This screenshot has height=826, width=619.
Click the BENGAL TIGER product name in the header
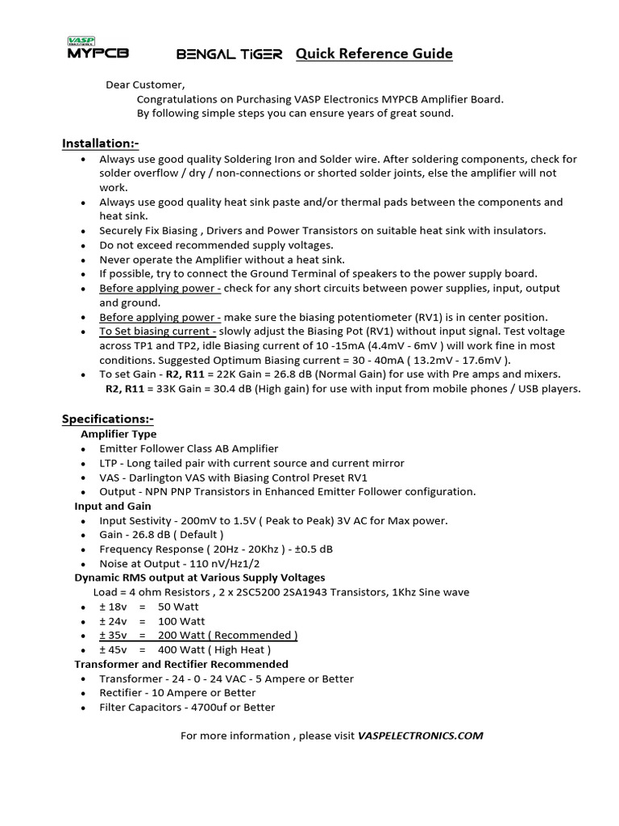point(229,55)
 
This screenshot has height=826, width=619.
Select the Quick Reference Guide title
point(374,54)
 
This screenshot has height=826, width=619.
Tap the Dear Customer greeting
point(145,85)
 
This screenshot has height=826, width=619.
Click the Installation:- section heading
point(101,144)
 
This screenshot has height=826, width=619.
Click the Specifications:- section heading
point(108,419)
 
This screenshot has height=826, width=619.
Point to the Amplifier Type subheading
point(118,434)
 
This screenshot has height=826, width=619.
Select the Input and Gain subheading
point(113,506)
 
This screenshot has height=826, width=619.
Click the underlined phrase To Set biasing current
point(157,332)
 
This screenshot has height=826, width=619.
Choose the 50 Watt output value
point(178,606)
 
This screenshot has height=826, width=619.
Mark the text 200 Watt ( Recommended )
point(227,635)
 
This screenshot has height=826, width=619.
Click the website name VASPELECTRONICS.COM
point(420,736)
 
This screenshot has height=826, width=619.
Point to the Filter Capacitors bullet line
point(187,707)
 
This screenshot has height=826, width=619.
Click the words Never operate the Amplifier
point(172,260)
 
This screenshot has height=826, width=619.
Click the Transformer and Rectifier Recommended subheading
point(181,664)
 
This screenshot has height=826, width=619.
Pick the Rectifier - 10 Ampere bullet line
point(177,693)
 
